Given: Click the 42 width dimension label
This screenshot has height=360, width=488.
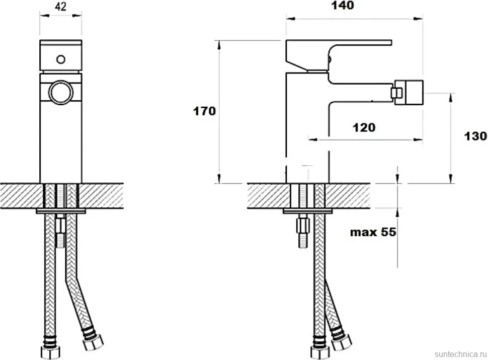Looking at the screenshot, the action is click(61, 7).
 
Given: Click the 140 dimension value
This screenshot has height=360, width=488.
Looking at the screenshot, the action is click(342, 6).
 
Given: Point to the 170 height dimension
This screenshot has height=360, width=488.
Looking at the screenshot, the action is click(204, 111).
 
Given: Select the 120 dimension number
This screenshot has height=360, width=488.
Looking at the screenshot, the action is click(364, 127).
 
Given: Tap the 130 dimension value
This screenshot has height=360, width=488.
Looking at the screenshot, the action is click(475, 136).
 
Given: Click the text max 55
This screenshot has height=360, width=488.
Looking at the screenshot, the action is click(373, 232).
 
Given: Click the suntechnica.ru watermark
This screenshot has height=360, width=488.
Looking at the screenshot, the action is click(460, 354).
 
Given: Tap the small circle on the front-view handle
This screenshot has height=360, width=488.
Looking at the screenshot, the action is click(61, 59).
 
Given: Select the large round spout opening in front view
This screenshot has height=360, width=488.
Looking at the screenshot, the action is click(61, 93).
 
